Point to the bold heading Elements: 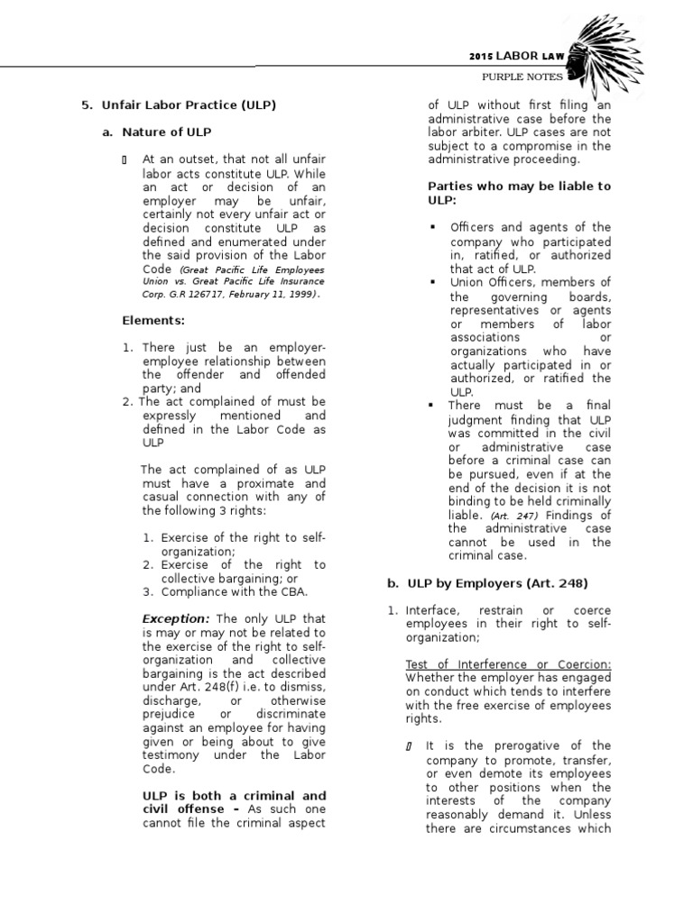pos(153,319)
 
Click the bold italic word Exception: pos(176,619)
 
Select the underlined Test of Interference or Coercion pos(508,664)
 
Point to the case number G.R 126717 pos(213,294)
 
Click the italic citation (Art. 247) pos(508,515)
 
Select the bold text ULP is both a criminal pos(234,796)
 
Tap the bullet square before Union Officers pos(434,282)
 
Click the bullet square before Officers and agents pos(434,227)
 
